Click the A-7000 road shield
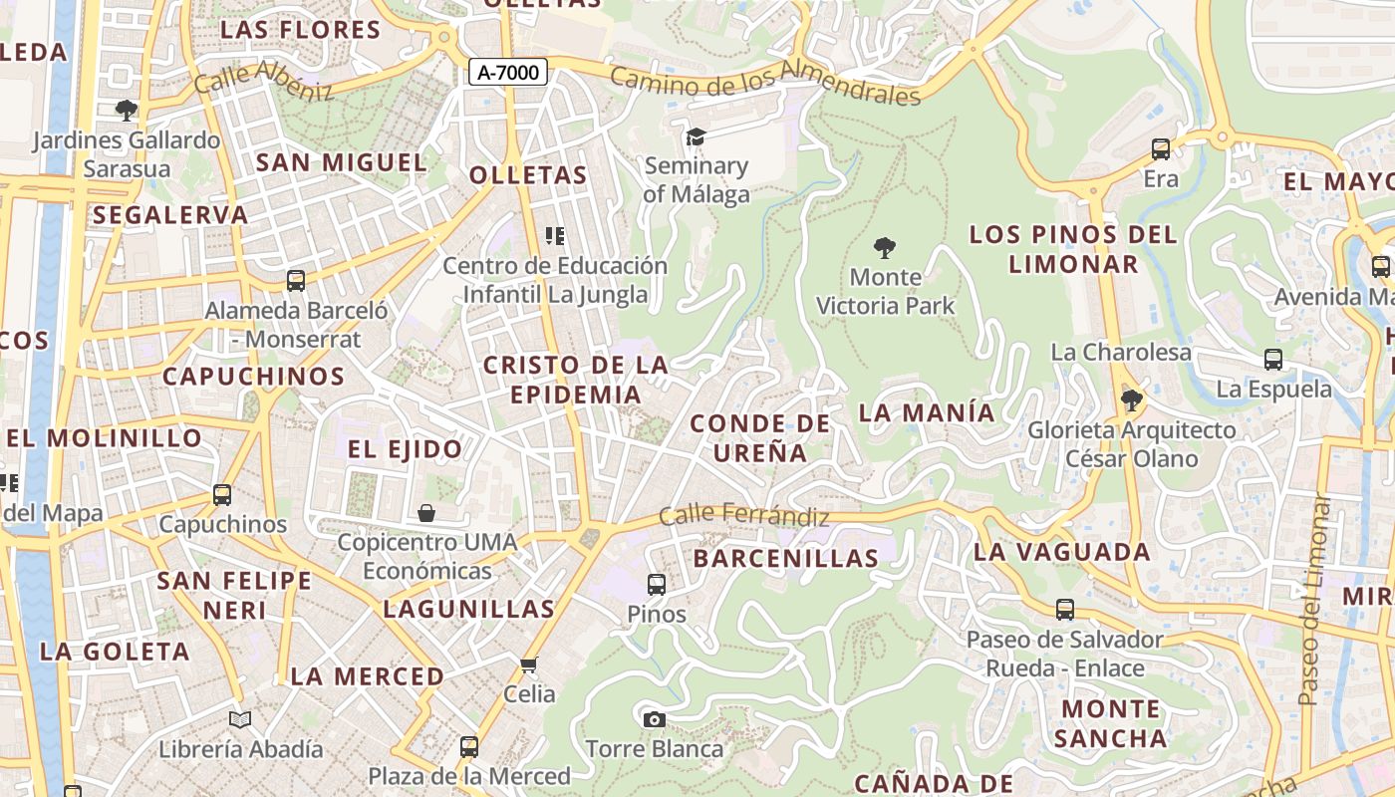coord(508,72)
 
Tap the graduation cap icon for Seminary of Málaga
coord(696,136)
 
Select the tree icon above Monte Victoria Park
coord(884,248)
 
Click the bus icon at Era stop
coord(1161,149)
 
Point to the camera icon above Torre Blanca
coord(654,719)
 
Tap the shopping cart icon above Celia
coord(529,664)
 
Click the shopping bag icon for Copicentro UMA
coord(426,513)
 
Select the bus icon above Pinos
coord(657,585)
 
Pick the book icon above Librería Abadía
coord(240,719)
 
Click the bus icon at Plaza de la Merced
coord(468,746)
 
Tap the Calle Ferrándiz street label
coord(744,516)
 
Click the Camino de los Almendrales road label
coord(765,84)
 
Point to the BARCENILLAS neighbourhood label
coord(786,558)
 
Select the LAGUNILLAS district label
coord(468,609)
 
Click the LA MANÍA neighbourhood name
coord(927,412)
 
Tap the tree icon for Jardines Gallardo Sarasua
coord(127,110)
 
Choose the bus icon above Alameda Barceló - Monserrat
coord(296,281)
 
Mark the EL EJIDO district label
coord(405,449)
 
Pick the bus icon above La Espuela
coord(1273,360)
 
